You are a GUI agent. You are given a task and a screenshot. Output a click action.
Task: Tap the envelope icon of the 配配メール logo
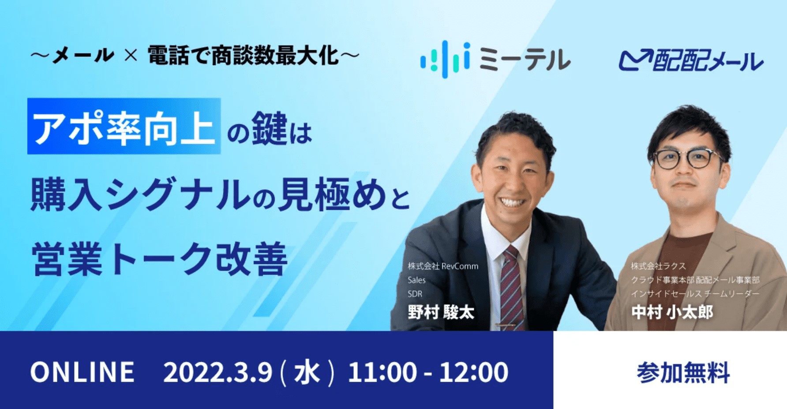point(636,60)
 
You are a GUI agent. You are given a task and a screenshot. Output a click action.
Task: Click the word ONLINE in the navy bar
point(82,372)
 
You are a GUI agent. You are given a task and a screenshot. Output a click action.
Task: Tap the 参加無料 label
point(683,373)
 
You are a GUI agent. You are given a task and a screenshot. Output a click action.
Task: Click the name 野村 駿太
point(441,312)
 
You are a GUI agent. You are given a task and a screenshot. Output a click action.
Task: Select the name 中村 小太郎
point(672,312)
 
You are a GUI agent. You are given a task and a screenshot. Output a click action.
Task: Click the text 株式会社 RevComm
point(443,266)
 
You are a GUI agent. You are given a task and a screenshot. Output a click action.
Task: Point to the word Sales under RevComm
point(416,280)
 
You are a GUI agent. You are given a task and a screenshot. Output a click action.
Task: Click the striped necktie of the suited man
point(510,289)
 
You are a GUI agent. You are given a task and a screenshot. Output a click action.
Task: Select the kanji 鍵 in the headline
point(270,129)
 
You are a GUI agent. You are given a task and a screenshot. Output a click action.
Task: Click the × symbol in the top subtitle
point(131,56)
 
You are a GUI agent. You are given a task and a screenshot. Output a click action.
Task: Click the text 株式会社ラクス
point(658,266)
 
